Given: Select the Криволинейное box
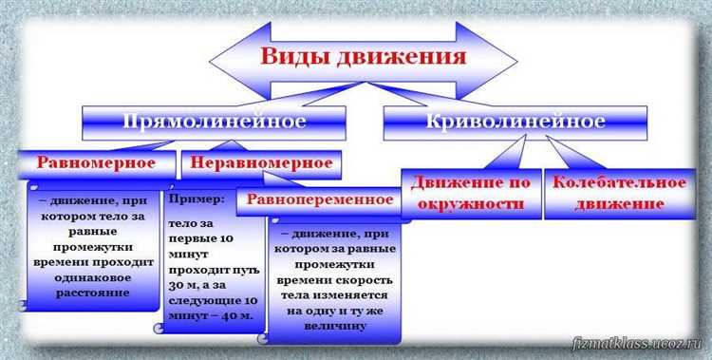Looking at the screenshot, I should tap(515, 122).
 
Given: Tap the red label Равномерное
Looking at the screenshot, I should tap(97, 162).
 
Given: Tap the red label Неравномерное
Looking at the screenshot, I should tap(261, 162).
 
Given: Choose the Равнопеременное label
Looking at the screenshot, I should tap(320, 199).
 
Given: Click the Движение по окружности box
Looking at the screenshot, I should tap(468, 194).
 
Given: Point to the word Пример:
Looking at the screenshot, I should tap(197, 199).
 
